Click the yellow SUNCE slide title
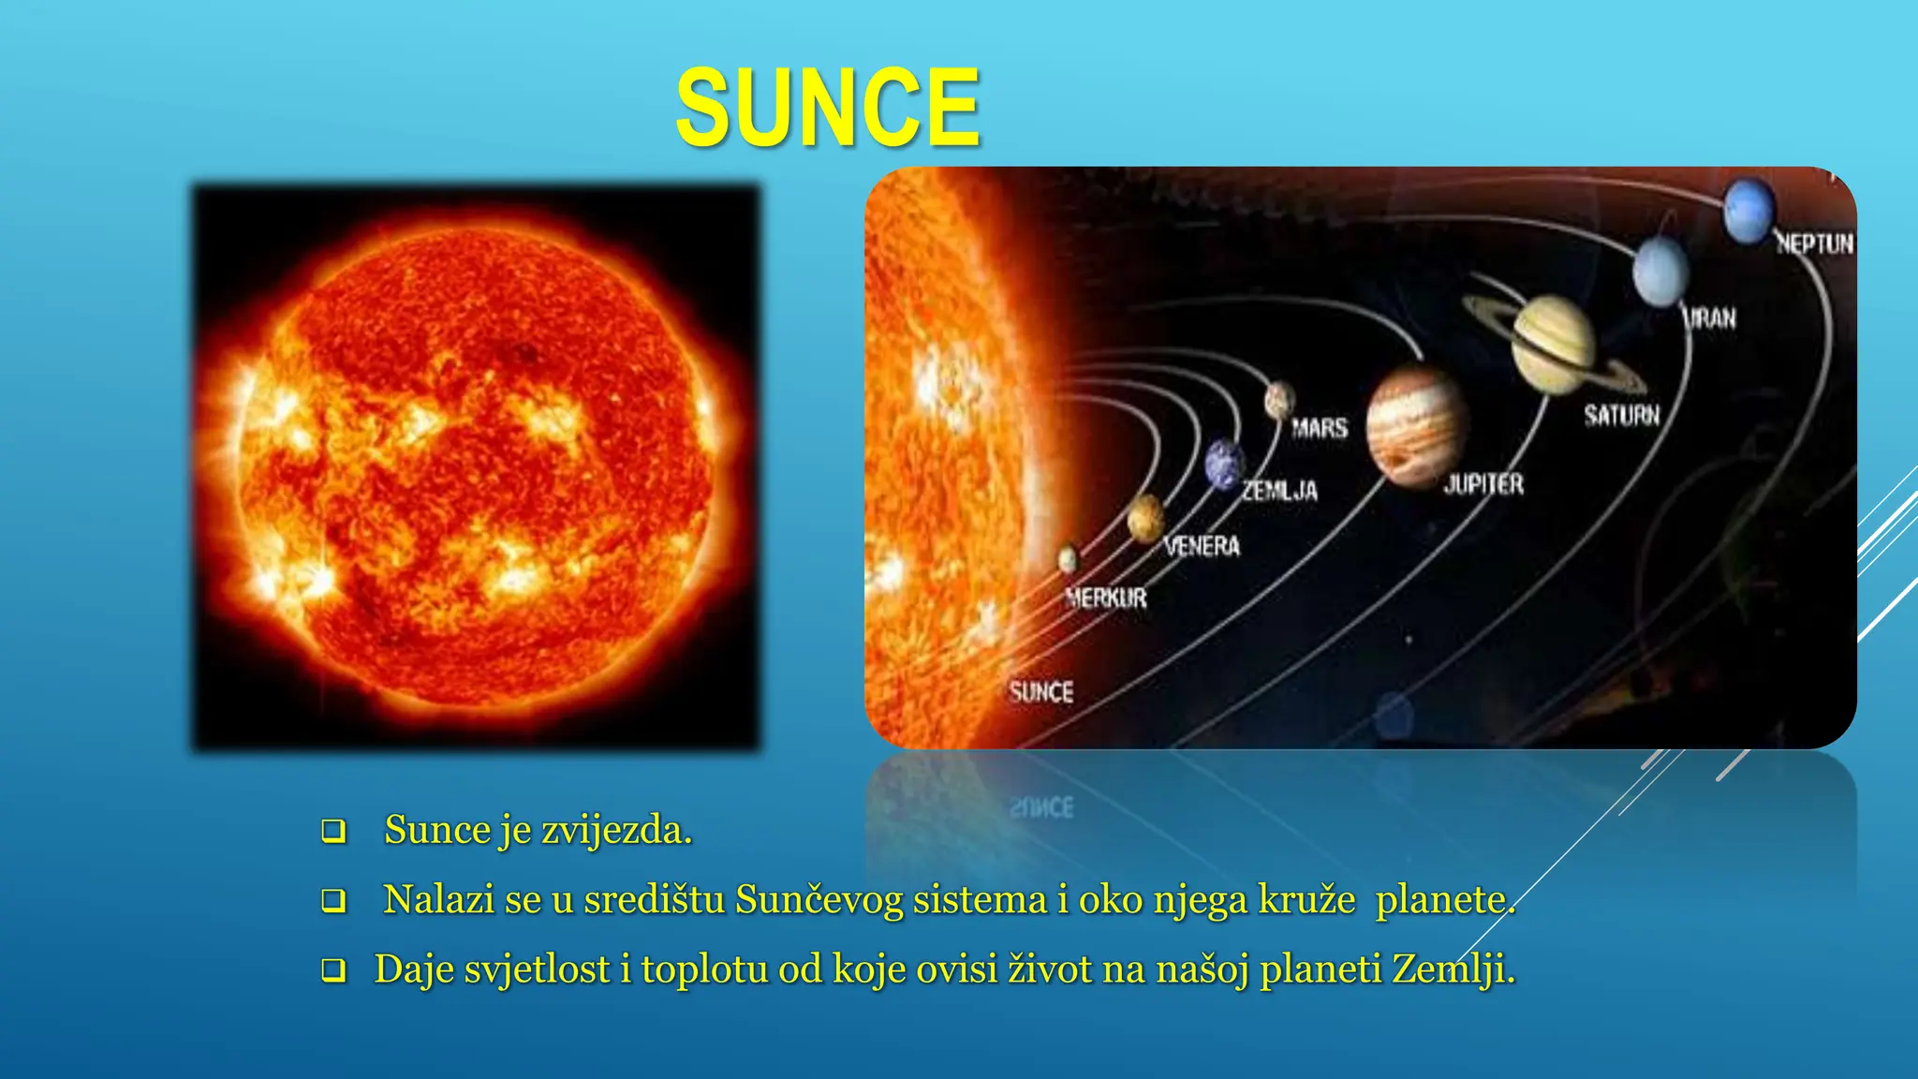828,108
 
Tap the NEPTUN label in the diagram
1814,244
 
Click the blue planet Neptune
1748,211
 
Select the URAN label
1709,318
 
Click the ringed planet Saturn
1553,345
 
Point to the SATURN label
1621,415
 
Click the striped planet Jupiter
1414,426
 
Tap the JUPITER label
1483,484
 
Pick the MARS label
1320,429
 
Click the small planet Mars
1279,400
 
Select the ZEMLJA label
1279,491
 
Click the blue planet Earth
1224,465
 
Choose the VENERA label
1202,546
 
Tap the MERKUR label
1106,598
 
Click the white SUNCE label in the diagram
1040,692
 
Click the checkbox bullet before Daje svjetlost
333,970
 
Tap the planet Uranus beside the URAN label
1660,271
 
